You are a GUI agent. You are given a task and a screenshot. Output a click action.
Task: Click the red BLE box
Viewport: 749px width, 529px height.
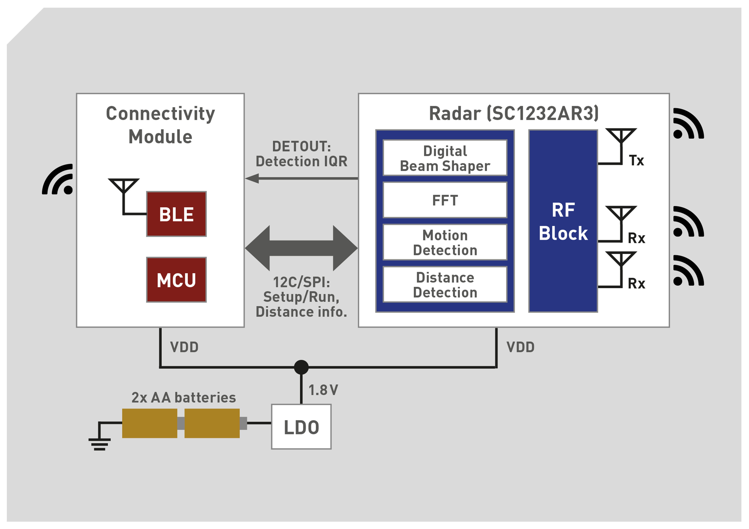pos(176,214)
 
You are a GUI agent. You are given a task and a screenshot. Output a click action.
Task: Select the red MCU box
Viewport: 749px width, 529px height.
pos(176,280)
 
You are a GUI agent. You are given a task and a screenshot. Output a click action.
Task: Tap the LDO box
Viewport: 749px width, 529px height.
pos(301,427)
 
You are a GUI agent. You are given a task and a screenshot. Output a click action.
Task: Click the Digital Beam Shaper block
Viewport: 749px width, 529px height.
pos(445,158)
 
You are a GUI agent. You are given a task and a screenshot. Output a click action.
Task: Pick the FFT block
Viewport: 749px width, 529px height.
pos(445,200)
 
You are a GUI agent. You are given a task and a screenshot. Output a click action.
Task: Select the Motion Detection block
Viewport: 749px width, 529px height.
pos(445,242)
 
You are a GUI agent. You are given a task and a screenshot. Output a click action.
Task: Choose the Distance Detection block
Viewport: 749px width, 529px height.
pos(445,284)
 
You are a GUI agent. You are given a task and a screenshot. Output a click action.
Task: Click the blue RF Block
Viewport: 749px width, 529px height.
pos(563,221)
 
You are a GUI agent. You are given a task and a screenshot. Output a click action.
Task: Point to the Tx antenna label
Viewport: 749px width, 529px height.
pos(636,160)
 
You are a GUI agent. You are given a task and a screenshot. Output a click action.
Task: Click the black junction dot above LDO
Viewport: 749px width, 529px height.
pos(301,367)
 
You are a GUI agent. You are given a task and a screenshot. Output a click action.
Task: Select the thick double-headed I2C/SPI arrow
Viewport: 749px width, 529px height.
pos(301,248)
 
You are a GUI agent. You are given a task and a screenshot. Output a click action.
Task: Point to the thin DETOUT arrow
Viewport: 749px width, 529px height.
pos(301,178)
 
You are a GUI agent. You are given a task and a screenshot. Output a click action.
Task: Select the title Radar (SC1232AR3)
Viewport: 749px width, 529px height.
pos(514,113)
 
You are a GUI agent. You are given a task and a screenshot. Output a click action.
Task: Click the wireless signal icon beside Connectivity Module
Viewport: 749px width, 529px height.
pos(58,179)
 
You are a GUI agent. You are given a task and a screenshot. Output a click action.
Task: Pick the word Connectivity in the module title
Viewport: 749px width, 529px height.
pos(161,114)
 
